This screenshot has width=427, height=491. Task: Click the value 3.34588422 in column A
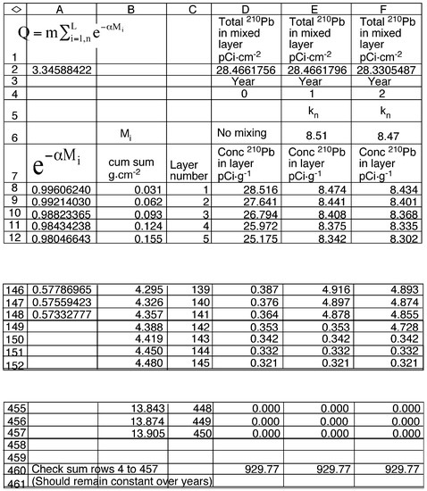[61, 68]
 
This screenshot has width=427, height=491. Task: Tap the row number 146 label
[14, 290]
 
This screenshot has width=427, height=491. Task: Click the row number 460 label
[14, 468]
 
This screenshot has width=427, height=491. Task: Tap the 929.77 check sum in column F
[399, 468]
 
